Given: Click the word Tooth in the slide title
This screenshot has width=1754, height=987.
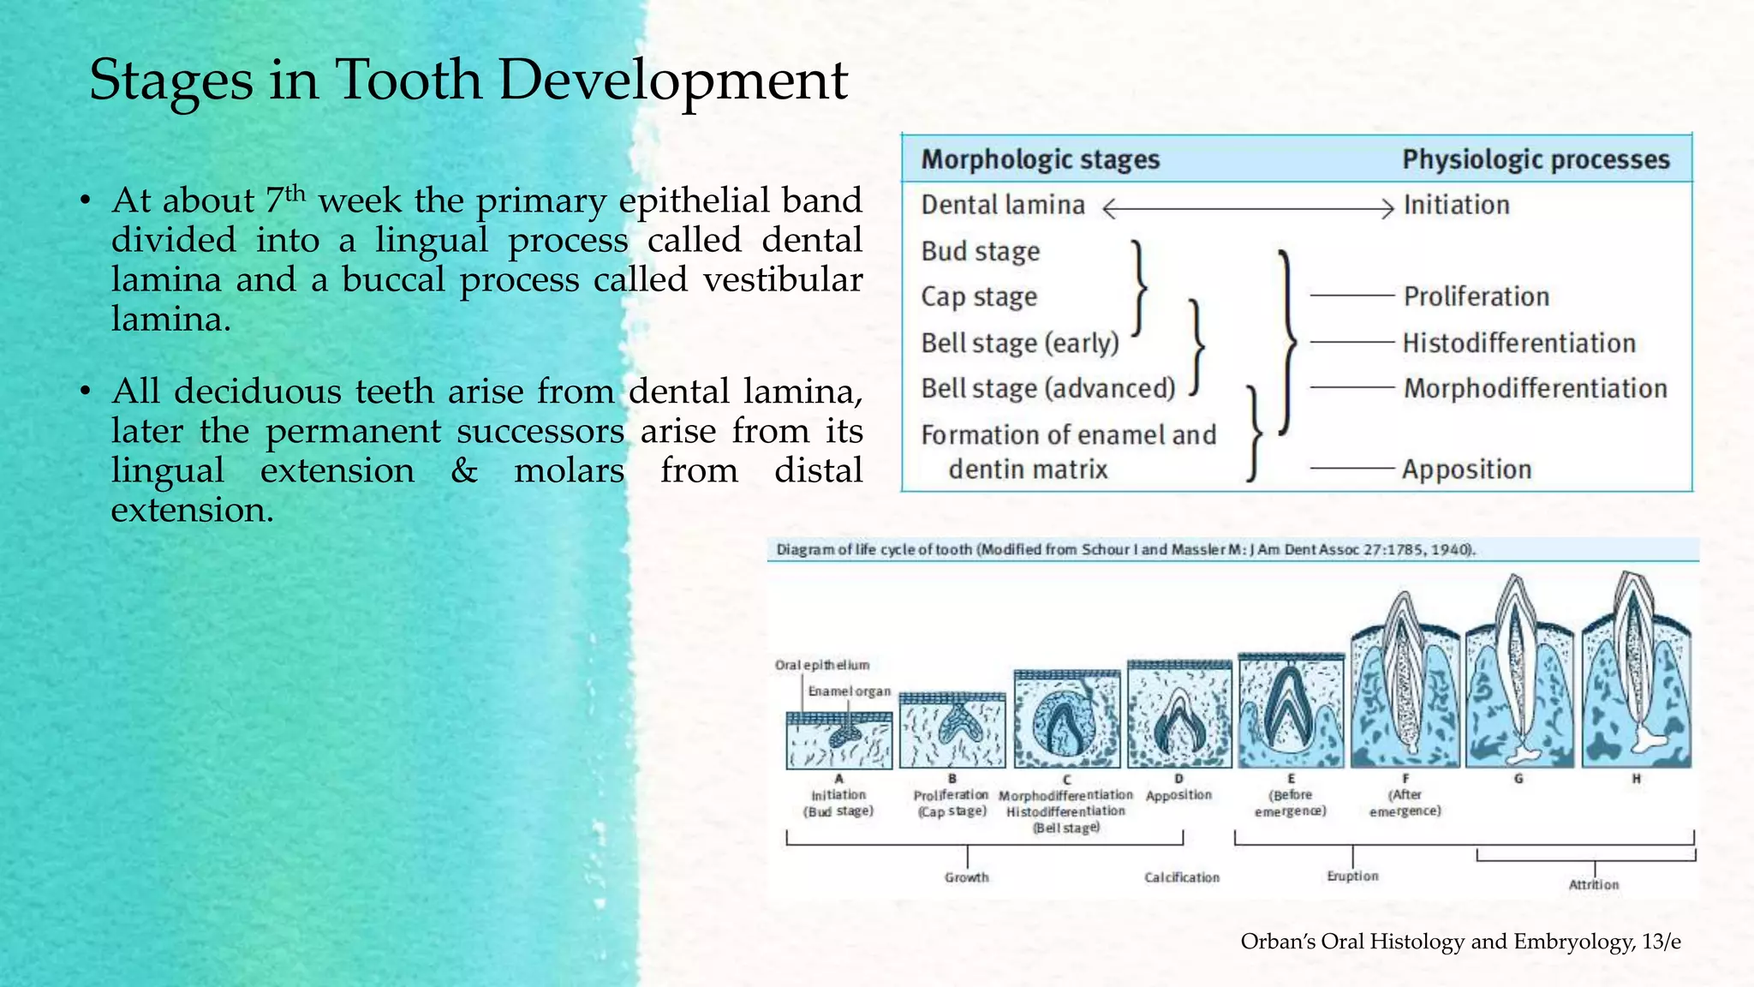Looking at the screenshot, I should pos(408,81).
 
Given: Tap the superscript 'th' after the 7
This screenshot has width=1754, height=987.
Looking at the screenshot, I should pos(295,193).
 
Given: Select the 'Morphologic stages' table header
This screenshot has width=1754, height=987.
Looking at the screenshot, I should pos(1040,160).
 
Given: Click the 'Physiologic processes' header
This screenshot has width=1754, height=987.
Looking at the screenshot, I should pos(1536,160).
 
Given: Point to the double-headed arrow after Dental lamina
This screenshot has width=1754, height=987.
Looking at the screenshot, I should pos(1247,208).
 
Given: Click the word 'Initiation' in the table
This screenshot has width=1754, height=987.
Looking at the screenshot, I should pos(1456,206).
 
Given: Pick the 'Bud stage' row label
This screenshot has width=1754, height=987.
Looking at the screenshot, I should pos(981,252).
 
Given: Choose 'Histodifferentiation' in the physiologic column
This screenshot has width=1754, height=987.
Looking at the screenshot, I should pos(1518,344).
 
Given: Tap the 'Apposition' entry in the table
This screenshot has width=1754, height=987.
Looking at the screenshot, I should pos(1466,470).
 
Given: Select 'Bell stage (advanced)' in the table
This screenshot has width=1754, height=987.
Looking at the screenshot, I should pos(1047,389).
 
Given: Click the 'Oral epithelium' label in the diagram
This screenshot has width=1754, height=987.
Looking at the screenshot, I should pos(821,665).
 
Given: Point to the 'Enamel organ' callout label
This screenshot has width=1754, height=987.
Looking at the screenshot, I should pos(849,691).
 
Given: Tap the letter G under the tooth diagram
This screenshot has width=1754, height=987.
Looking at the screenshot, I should pos(1518,779).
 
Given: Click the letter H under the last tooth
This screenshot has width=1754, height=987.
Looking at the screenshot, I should pos(1636,779).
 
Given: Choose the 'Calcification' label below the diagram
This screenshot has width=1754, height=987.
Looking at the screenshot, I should pos(1182,877).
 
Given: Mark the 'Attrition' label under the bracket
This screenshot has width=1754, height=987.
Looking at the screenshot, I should pos(1593,885).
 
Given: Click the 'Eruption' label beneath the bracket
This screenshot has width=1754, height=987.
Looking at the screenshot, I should pos(1352,876).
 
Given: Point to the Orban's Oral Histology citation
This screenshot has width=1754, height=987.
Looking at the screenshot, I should pos(1460,942).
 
